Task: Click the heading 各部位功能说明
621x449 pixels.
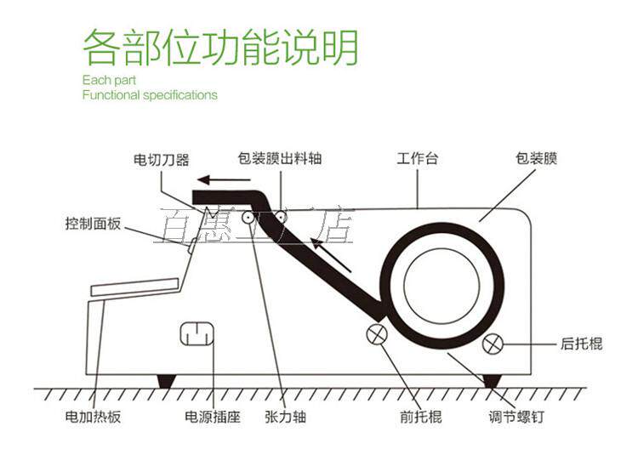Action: pos(220,48)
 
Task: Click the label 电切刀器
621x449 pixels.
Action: pos(162,159)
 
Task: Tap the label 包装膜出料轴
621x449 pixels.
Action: pos(280,159)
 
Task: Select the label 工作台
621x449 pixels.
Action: pos(418,159)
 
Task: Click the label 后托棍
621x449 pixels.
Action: pos(582,344)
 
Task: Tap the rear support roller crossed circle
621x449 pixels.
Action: pos(493,344)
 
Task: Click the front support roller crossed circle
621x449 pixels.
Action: pos(377,334)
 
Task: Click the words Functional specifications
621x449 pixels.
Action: pos(150,95)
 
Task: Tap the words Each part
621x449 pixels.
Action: pos(105,80)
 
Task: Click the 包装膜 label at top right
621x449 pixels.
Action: pos(536,159)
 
